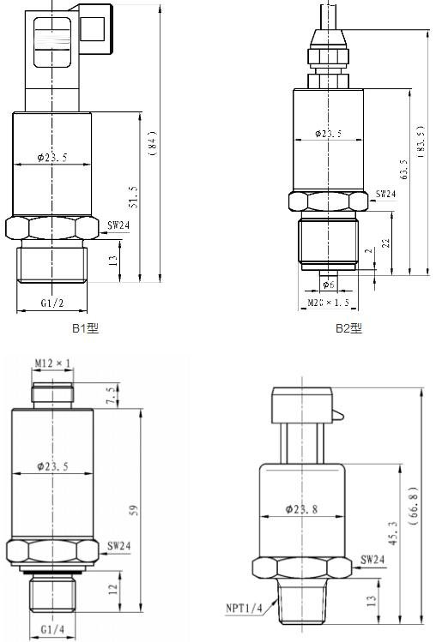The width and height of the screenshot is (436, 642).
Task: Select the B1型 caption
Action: click(85, 328)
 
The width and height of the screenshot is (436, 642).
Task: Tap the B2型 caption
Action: click(348, 328)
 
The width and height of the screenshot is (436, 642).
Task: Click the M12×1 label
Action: click(52, 364)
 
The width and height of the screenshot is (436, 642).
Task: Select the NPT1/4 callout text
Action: click(245, 608)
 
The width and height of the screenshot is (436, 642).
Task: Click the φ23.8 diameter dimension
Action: click(303, 509)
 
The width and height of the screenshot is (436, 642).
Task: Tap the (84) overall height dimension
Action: click(152, 142)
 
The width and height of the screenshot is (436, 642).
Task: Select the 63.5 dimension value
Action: click(403, 170)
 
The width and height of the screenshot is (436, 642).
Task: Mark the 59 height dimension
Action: click(133, 509)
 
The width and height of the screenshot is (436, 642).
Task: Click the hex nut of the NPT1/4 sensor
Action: click(303, 567)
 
